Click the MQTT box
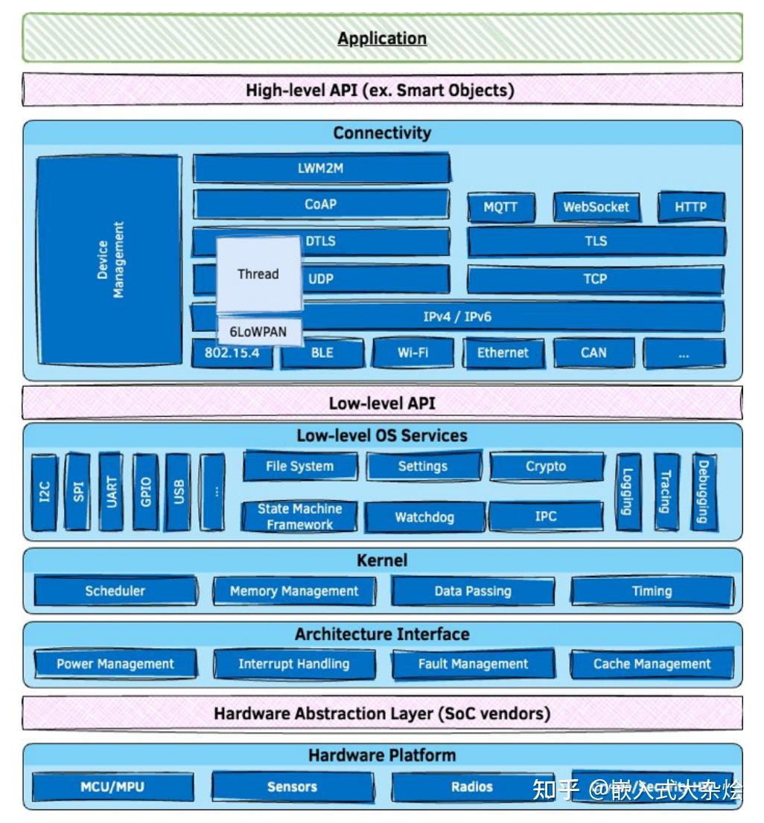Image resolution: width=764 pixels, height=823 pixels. tap(500, 207)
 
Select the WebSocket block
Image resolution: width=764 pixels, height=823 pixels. tap(596, 207)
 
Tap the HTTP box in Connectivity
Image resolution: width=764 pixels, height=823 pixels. tap(690, 207)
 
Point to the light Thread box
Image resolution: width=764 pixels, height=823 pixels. tap(258, 274)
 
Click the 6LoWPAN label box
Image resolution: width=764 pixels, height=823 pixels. tap(258, 332)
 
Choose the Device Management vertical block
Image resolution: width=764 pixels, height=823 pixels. tap(109, 259)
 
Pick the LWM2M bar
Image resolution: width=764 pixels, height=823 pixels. tap(321, 168)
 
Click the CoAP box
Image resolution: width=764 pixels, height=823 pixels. tap(321, 204)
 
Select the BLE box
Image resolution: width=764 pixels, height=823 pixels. tap(322, 353)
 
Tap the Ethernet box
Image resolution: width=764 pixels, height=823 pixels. tap(503, 353)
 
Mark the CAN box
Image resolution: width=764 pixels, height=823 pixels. tap(593, 353)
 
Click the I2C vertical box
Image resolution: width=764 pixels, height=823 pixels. tap(45, 492)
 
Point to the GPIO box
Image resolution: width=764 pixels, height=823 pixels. tap(146, 492)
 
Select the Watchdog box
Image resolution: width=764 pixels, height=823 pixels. tap(424, 516)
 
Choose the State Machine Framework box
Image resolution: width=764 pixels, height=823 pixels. tap(299, 516)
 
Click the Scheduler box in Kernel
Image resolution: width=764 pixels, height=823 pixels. tap(115, 592)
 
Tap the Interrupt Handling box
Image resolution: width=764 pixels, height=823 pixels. tap(294, 664)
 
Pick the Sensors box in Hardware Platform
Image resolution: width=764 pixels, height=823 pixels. tap(293, 787)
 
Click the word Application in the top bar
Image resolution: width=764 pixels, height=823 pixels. tap(382, 38)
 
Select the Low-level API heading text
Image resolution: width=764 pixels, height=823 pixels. tap(382, 403)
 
